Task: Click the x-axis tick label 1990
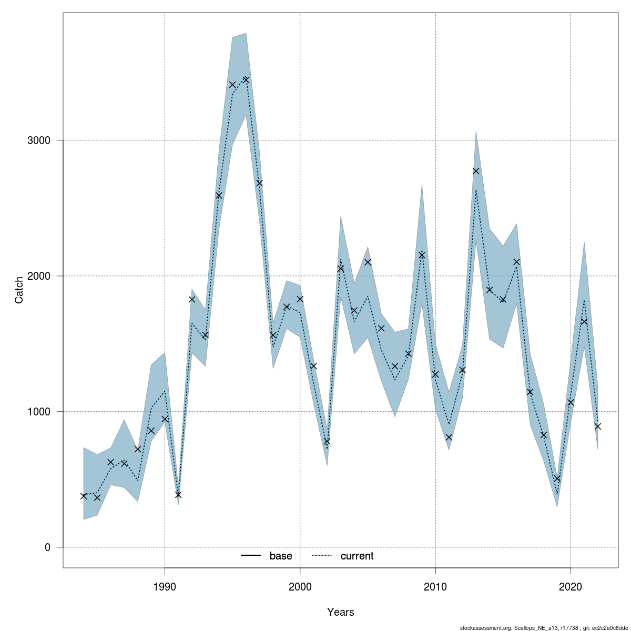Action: pyautogui.click(x=165, y=587)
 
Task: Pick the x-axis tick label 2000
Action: pyautogui.click(x=300, y=587)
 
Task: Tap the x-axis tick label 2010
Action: pyautogui.click(x=435, y=587)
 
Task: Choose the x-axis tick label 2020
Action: pyautogui.click(x=571, y=587)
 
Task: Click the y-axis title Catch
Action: pyautogui.click(x=19, y=290)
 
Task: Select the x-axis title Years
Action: pyautogui.click(x=340, y=612)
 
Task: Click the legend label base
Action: pyautogui.click(x=281, y=556)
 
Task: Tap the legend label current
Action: pyautogui.click(x=357, y=556)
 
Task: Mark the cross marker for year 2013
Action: pyautogui.click(x=476, y=171)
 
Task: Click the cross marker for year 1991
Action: pyautogui.click(x=178, y=494)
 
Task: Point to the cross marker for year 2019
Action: pyautogui.click(x=557, y=479)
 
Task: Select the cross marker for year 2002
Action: pyautogui.click(x=327, y=441)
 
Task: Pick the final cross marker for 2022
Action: pyautogui.click(x=597, y=426)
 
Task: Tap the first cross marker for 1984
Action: pyautogui.click(x=84, y=496)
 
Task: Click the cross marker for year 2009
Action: pyautogui.click(x=422, y=255)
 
